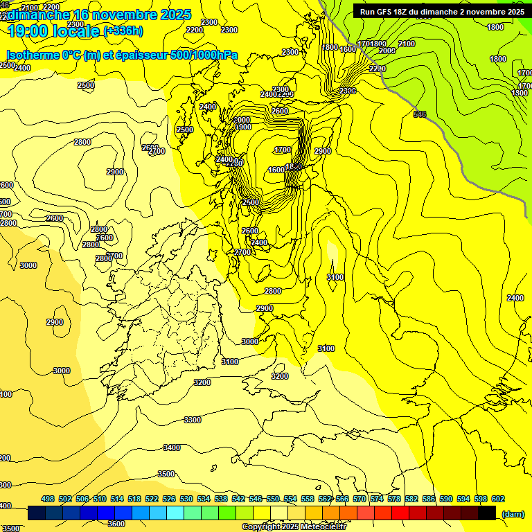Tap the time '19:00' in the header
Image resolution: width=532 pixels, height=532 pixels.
click(27, 31)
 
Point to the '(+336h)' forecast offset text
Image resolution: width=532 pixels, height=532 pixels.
click(123, 30)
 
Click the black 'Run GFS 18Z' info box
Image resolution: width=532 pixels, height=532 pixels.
click(441, 11)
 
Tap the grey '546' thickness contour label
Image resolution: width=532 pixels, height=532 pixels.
click(419, 114)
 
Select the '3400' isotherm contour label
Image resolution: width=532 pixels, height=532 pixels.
click(171, 447)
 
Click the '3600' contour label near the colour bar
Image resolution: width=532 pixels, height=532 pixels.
click(116, 524)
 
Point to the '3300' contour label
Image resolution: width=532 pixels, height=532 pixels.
click(193, 420)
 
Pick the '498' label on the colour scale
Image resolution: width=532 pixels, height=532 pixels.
click(48, 499)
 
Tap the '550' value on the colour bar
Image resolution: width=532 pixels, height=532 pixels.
click(272, 499)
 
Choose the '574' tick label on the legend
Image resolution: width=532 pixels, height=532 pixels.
click(376, 499)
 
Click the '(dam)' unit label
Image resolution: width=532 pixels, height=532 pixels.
click(512, 513)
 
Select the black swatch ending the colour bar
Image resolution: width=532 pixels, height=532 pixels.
click(487, 513)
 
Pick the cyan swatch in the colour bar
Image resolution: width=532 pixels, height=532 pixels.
click(175, 513)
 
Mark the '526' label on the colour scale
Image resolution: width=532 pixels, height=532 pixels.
click(169, 499)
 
